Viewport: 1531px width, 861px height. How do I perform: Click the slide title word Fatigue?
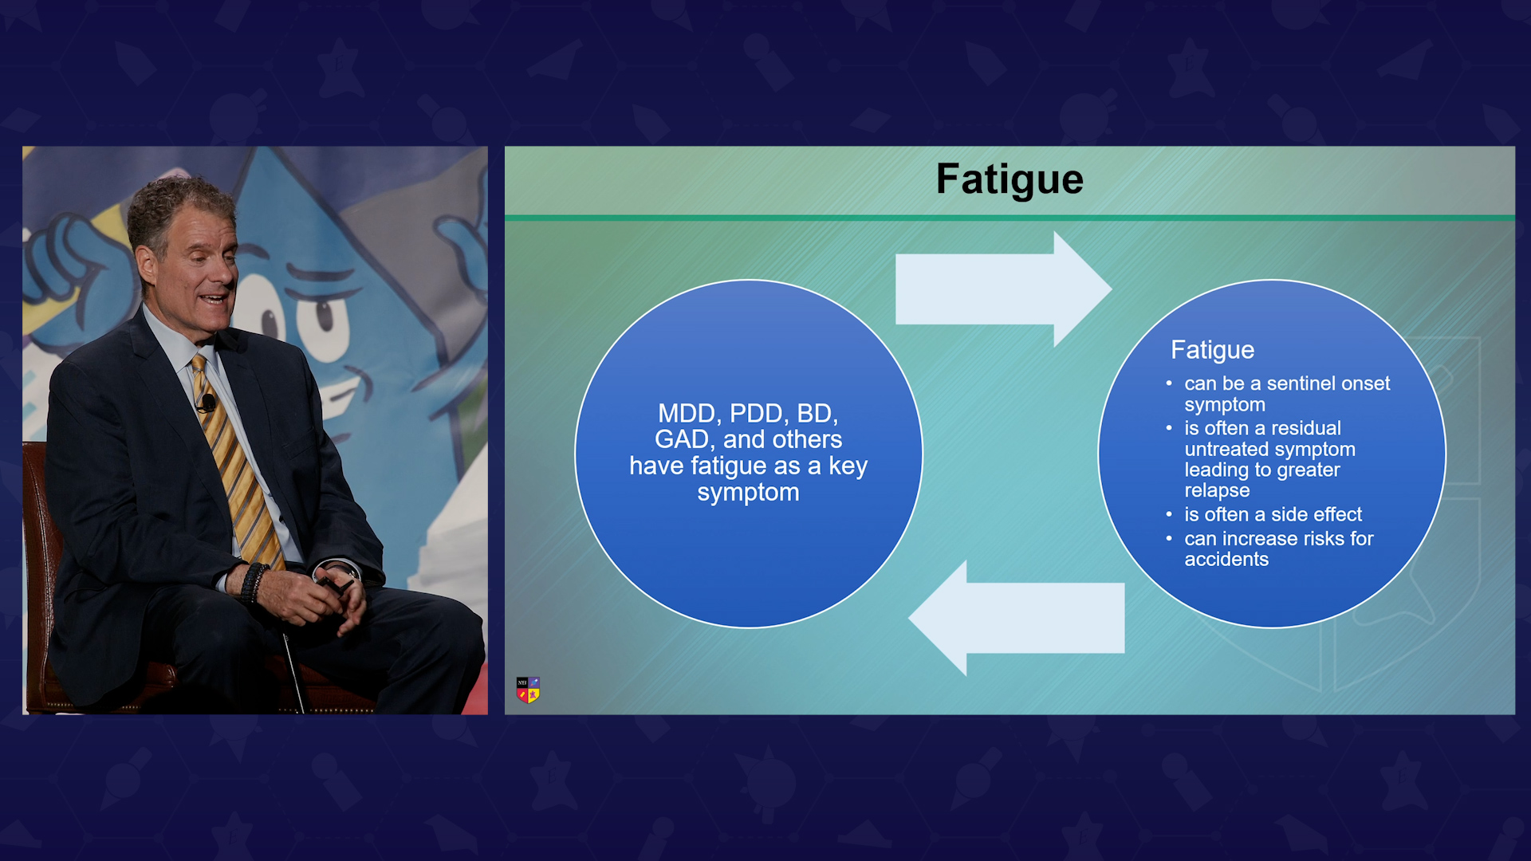tap(1010, 180)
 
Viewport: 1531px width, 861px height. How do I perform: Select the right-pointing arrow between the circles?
tap(1003, 289)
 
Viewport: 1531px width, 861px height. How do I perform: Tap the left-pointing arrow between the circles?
tap(1017, 618)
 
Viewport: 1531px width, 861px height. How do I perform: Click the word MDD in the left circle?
tap(690, 414)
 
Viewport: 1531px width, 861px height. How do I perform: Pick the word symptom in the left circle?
tap(748, 493)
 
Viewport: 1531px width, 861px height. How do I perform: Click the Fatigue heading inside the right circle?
tap(1212, 350)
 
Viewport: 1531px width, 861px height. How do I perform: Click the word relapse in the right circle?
tap(1217, 491)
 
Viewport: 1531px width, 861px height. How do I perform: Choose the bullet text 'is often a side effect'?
tap(1273, 514)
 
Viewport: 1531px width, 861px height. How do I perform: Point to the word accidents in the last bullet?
tap(1226, 560)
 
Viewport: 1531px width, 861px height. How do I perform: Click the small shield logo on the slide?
tap(528, 690)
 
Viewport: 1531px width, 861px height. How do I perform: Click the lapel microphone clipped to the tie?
tap(207, 403)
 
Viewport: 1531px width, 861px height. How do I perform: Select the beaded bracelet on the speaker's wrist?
tap(253, 582)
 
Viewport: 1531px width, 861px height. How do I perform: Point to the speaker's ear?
tap(146, 266)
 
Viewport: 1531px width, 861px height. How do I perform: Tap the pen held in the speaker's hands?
tap(335, 586)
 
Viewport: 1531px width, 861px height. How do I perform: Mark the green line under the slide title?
tap(1010, 218)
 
